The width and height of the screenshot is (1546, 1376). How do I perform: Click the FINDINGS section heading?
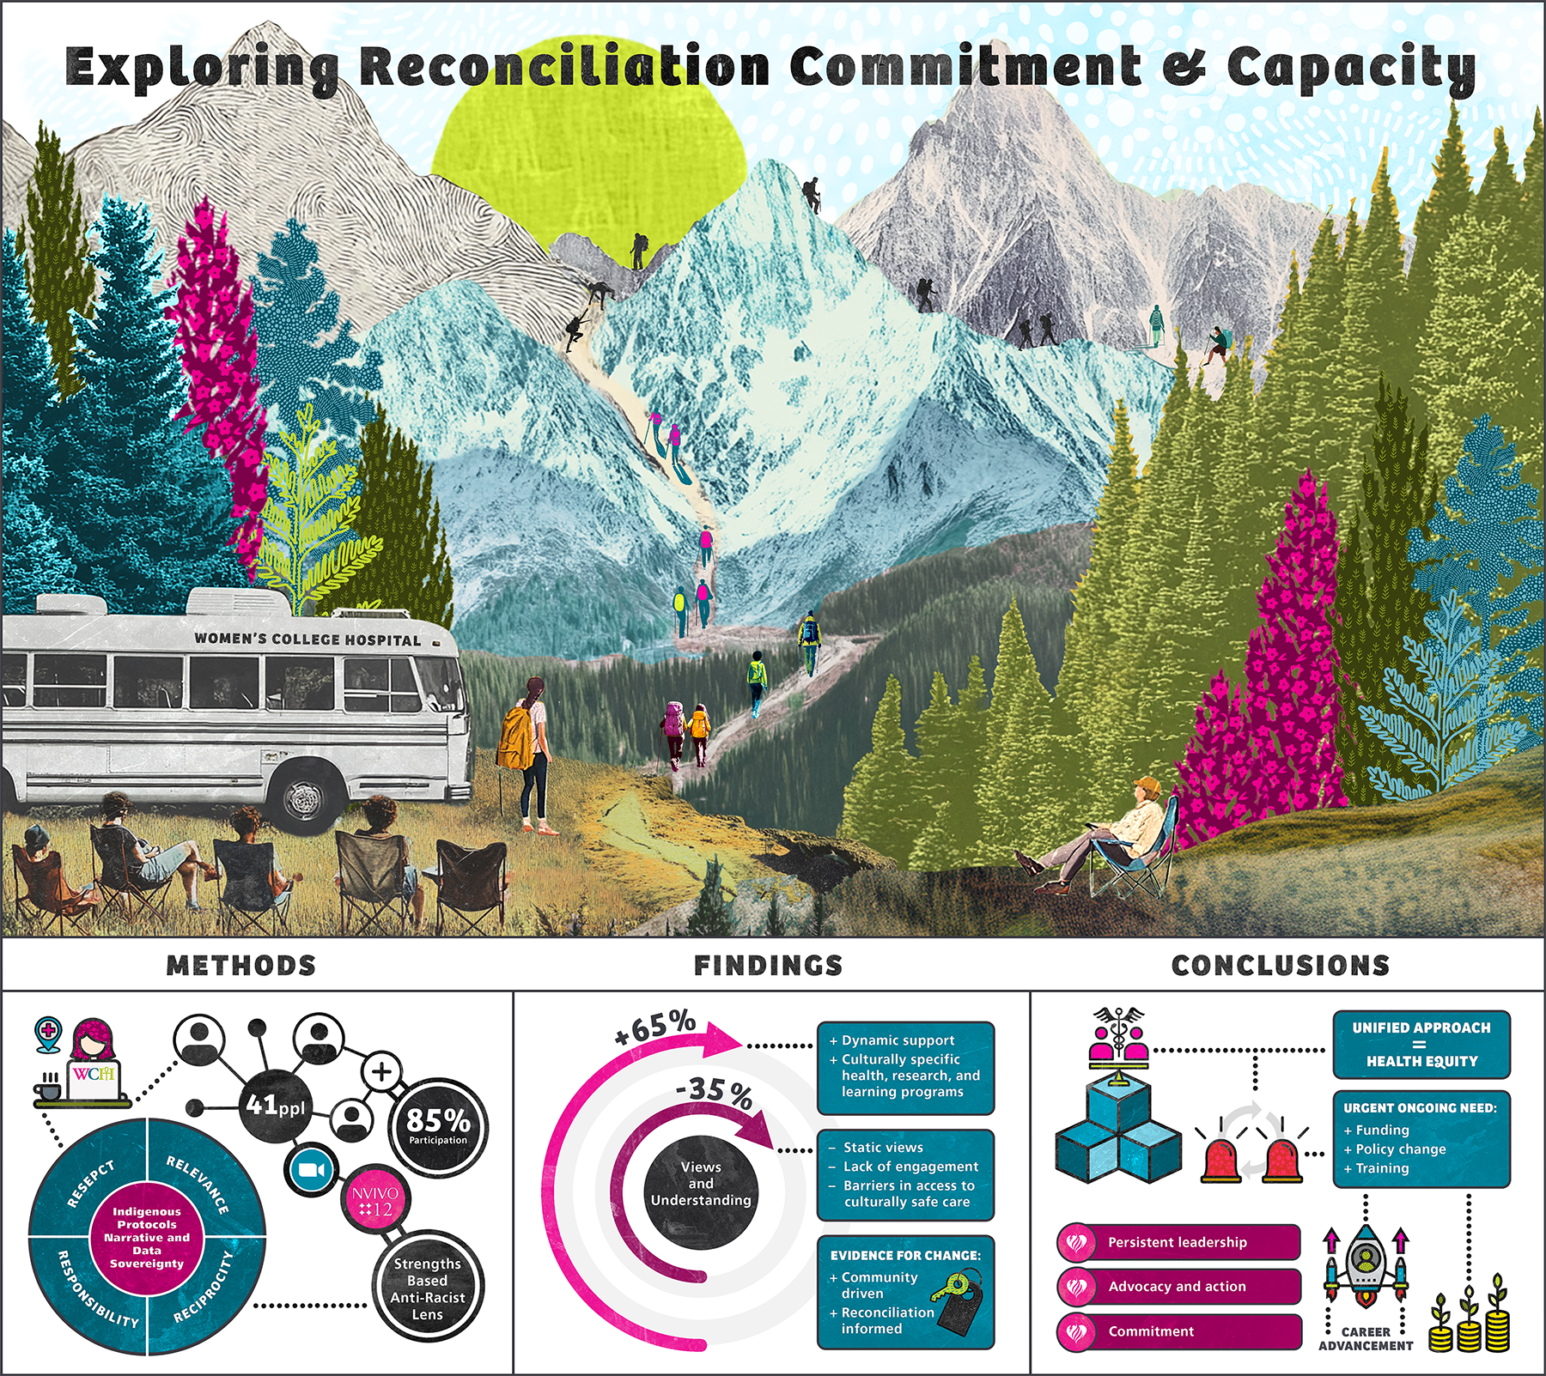pyautogui.click(x=768, y=966)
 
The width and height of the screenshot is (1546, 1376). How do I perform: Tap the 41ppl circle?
pyautogui.click(x=275, y=1105)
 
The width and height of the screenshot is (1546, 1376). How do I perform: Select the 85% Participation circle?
pyautogui.click(x=438, y=1125)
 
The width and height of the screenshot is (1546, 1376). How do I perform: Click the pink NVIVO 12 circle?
pyautogui.click(x=375, y=1201)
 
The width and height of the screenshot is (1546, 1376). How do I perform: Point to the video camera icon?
pyautogui.click(x=310, y=1169)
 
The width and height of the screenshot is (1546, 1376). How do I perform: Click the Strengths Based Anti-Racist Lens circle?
pyautogui.click(x=427, y=1288)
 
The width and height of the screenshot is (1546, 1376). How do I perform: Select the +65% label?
pyautogui.click(x=654, y=1027)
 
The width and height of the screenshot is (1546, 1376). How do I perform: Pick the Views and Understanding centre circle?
pyautogui.click(x=701, y=1184)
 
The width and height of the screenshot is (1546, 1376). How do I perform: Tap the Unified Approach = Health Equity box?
pyautogui.click(x=1421, y=1044)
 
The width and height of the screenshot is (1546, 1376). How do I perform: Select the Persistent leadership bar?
pyautogui.click(x=1178, y=1242)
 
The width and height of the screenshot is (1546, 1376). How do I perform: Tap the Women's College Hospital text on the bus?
pyautogui.click(x=307, y=640)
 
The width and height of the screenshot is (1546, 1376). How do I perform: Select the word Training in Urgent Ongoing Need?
pyautogui.click(x=1382, y=1168)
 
